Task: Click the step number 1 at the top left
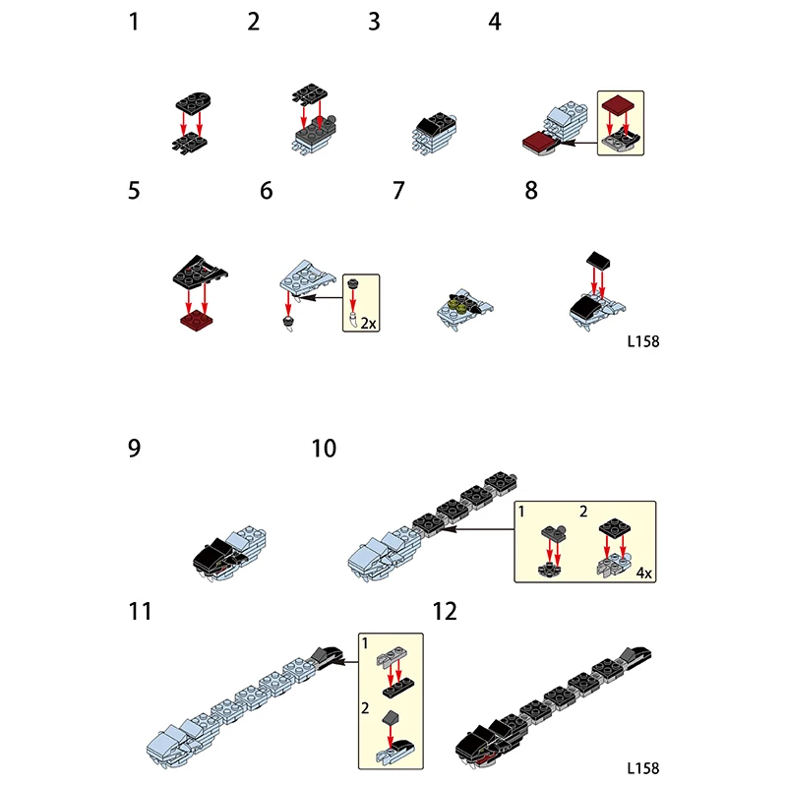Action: [x=134, y=21]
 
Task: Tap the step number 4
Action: [x=494, y=21]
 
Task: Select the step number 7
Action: [x=397, y=190]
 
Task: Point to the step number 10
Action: [x=324, y=449]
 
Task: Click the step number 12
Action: [x=445, y=611]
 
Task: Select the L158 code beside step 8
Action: [x=641, y=343]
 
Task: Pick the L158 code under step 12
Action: [x=641, y=768]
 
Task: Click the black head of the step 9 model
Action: [x=212, y=557]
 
